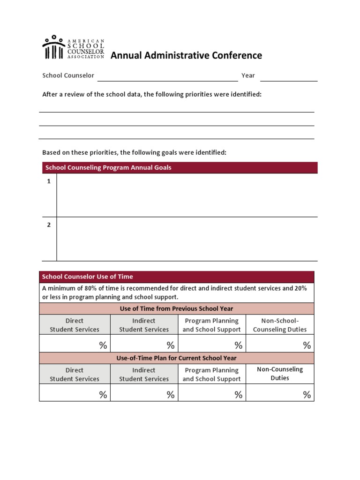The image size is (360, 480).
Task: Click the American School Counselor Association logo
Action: [x=73, y=47]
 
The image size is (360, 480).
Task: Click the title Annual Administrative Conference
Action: [x=186, y=56]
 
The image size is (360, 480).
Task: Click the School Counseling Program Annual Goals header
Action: [x=108, y=167]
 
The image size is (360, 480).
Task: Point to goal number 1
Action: [x=48, y=181]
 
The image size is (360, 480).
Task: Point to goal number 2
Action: [x=48, y=225]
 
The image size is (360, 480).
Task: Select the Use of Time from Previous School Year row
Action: [x=176, y=308]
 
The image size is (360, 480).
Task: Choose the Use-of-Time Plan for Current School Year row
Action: [x=176, y=358]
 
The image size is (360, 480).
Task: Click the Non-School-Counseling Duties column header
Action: [x=280, y=325]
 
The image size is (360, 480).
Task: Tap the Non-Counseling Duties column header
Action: [x=280, y=374]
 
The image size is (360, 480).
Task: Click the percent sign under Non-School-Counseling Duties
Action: [x=307, y=345]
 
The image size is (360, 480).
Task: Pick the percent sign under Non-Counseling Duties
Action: [x=307, y=395]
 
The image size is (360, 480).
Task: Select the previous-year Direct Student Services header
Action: [x=75, y=325]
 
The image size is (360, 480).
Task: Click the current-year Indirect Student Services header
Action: [x=144, y=374]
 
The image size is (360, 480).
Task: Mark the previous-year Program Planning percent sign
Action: [x=238, y=345]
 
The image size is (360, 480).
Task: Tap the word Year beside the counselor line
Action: [x=248, y=75]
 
